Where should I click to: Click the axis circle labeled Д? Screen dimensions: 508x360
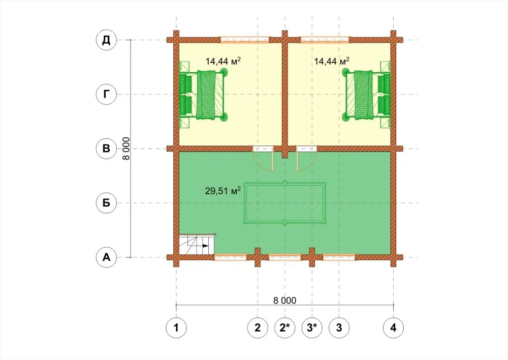click(106, 40)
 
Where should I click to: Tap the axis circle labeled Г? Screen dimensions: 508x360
click(106, 95)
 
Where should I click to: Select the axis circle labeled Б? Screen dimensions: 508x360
click(106, 203)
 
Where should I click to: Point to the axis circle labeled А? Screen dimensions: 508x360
click(106, 257)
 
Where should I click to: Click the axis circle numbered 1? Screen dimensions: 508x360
click(176, 327)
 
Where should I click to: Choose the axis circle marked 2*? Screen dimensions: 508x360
click(285, 327)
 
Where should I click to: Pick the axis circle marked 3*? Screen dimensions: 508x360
click(312, 327)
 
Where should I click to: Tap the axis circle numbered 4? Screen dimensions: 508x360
click(393, 327)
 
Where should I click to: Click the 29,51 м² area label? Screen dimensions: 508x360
click(223, 190)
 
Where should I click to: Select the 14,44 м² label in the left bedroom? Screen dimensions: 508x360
click(223, 61)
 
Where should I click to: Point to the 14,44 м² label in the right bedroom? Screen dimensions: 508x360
click(332, 61)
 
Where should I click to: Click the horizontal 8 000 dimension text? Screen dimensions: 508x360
click(284, 301)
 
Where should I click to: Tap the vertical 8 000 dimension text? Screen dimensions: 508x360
click(126, 148)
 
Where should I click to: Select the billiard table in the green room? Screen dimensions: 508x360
click(284, 203)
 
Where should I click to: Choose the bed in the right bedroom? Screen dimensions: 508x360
click(366, 95)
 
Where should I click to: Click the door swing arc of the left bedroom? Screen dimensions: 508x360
click(261, 165)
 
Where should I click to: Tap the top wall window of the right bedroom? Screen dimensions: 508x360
click(325, 40)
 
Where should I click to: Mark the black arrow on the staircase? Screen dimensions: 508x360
click(205, 246)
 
